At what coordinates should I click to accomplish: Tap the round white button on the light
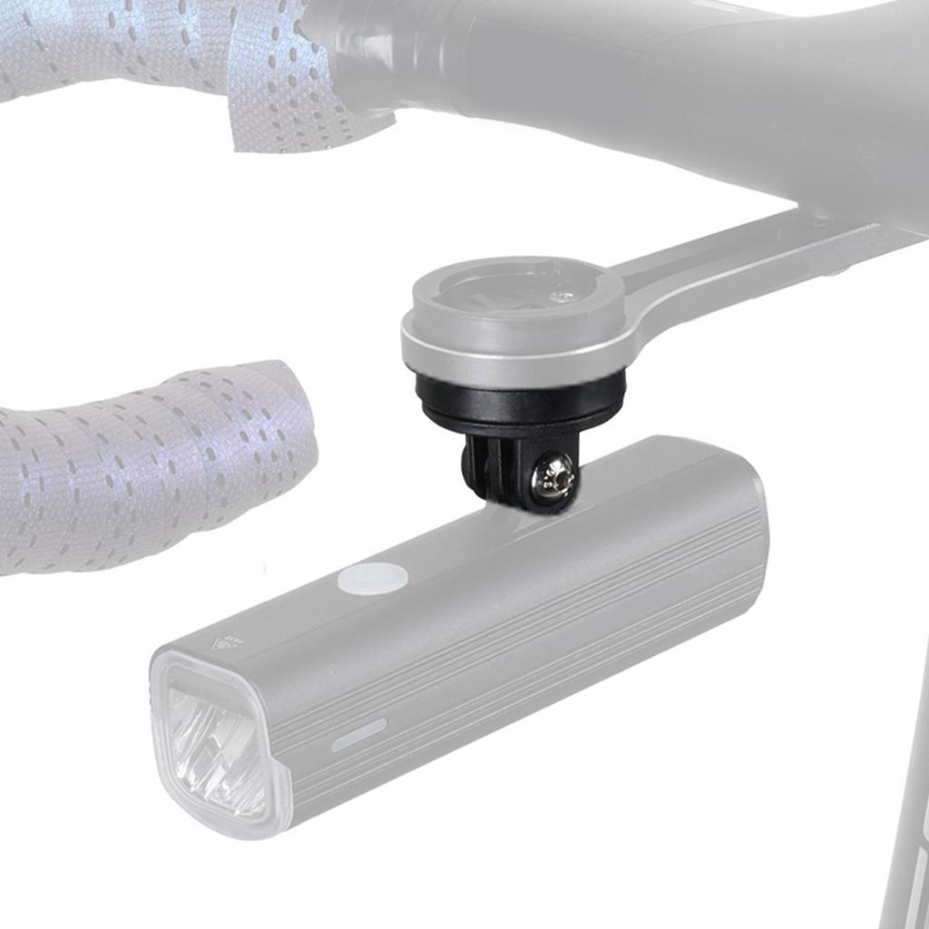[370, 578]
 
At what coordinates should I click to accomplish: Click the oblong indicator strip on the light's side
[358, 734]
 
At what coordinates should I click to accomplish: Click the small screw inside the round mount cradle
[565, 294]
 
